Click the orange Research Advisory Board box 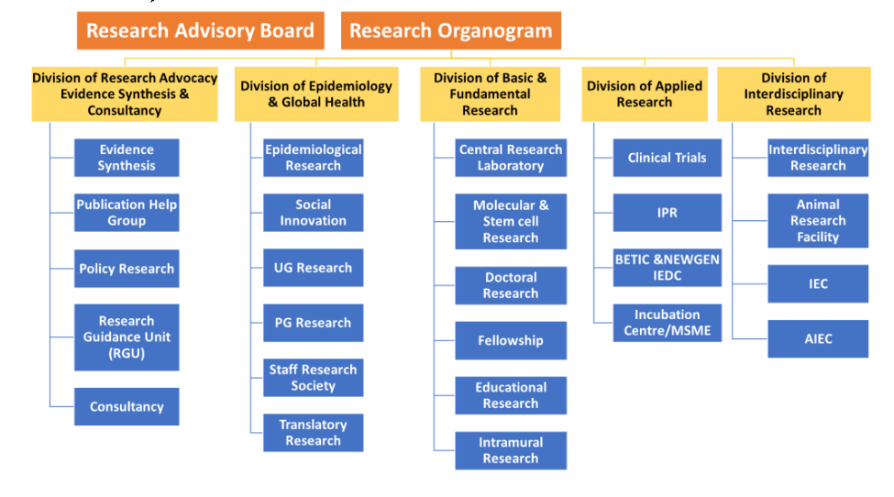(201, 30)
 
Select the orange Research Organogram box (451, 30)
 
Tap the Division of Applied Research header (645, 94)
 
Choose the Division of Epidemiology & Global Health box (316, 94)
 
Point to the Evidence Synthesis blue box (127, 158)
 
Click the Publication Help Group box (127, 213)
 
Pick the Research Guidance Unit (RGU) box (127, 337)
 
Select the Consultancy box (127, 406)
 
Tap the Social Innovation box (313, 213)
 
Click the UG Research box (313, 268)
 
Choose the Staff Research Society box (313, 377)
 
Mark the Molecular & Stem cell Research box (511, 221)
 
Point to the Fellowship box (511, 340)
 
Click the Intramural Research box (511, 450)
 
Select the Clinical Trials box (668, 158)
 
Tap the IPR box (668, 213)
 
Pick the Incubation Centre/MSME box (668, 323)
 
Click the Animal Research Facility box (818, 221)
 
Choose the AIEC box (818, 338)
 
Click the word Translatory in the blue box (313, 425)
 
